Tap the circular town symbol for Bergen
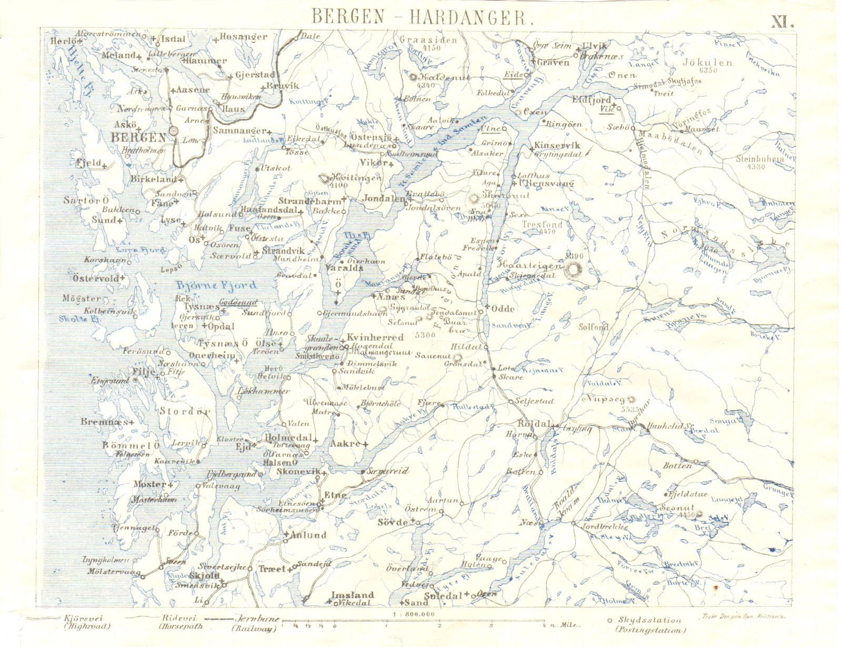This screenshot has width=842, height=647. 173,132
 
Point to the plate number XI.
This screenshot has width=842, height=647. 782,22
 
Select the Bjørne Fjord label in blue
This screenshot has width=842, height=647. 216,286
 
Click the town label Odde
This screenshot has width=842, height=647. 504,308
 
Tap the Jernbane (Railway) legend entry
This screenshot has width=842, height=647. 253,624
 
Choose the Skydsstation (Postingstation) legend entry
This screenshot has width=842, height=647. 650,625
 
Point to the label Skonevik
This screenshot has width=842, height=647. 298,472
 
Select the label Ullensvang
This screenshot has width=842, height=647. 546,183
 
